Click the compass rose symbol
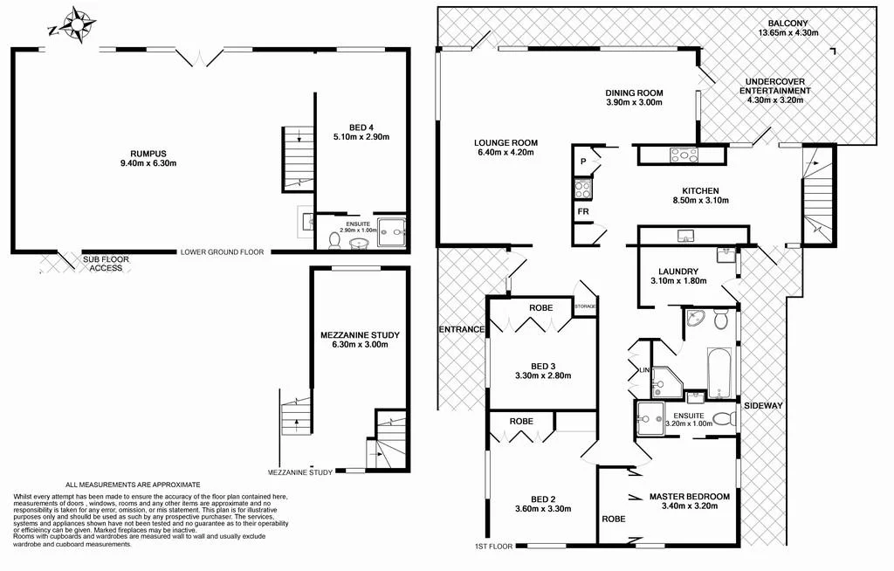click(x=73, y=25)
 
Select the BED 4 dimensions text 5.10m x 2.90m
click(x=359, y=136)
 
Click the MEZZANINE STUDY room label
click(x=360, y=334)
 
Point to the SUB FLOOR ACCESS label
click(x=103, y=264)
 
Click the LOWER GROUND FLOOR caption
click(x=222, y=252)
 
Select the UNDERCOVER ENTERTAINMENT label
click(x=774, y=86)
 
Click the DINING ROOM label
click(x=635, y=93)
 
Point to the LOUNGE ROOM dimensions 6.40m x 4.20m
click(x=505, y=153)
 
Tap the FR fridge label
click(x=582, y=211)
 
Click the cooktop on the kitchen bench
click(x=683, y=155)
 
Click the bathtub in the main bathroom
click(x=715, y=374)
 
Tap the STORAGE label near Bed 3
click(x=586, y=306)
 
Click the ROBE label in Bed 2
click(x=521, y=421)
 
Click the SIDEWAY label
click(x=762, y=406)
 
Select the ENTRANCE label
click(x=461, y=329)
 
